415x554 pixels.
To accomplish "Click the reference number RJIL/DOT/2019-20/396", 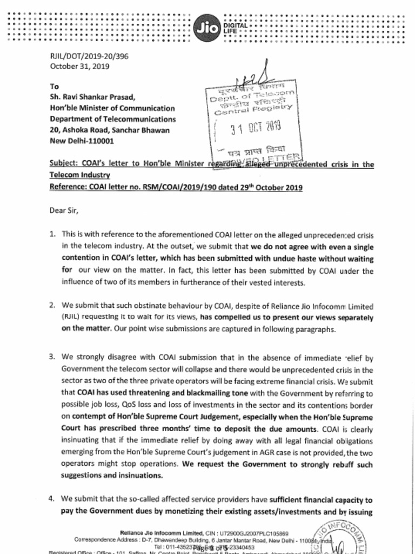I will [x=89, y=56].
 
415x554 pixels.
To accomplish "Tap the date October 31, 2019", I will [x=79, y=67].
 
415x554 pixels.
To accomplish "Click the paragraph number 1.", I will [x=52, y=234].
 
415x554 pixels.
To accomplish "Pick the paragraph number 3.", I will [x=52, y=357].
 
